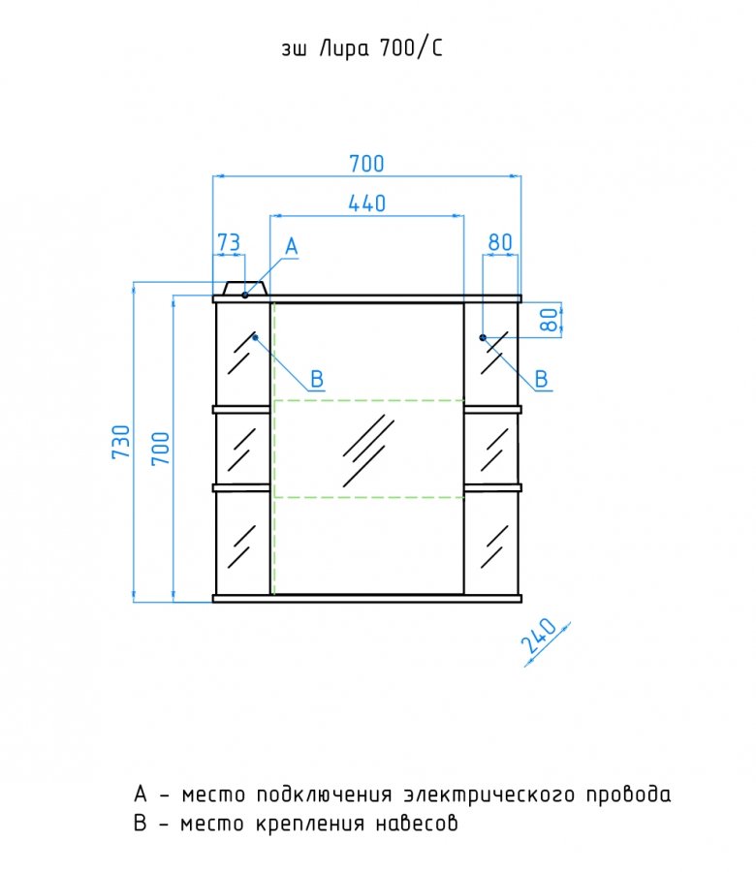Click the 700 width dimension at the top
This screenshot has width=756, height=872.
(x=366, y=164)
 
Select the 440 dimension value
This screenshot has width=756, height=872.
(x=366, y=203)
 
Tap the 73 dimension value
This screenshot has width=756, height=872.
(x=228, y=242)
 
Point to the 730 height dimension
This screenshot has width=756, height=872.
(x=121, y=442)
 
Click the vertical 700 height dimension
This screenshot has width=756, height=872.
(x=161, y=449)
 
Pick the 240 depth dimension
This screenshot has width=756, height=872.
(x=539, y=636)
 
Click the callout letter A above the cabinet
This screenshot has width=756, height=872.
(x=292, y=246)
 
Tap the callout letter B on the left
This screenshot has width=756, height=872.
(x=317, y=379)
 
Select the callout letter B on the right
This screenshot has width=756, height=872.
(x=541, y=379)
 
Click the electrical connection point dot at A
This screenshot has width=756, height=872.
(x=245, y=295)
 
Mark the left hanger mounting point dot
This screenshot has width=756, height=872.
(x=255, y=337)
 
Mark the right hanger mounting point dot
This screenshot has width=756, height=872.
(x=483, y=337)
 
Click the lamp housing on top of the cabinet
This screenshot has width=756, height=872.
(x=245, y=288)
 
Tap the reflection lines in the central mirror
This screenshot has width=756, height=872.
(x=367, y=451)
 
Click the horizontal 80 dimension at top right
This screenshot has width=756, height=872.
(x=500, y=242)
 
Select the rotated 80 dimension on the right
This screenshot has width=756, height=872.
(x=549, y=320)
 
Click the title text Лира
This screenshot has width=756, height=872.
(x=344, y=49)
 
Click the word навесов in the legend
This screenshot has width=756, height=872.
(x=416, y=823)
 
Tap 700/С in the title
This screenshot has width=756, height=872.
(x=411, y=49)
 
